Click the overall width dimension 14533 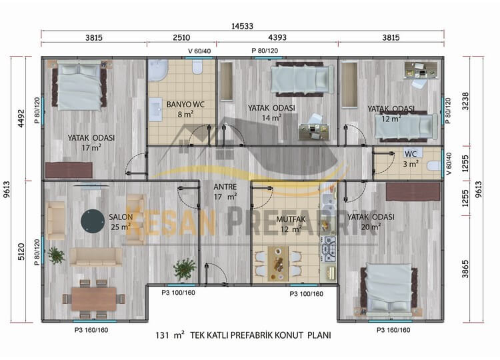pyautogui.click(x=242, y=26)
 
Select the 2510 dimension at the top pyautogui.click(x=181, y=37)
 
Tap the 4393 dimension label pyautogui.click(x=277, y=37)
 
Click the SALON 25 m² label pyautogui.click(x=121, y=221)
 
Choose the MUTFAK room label pyautogui.click(x=291, y=219)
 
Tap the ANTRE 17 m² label pyautogui.click(x=225, y=191)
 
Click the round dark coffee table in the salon pyautogui.click(x=93, y=221)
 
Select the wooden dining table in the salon pyautogui.click(x=94, y=299)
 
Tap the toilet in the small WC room pyautogui.click(x=433, y=166)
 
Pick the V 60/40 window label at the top pyautogui.click(x=199, y=51)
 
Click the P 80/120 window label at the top pyautogui.click(x=265, y=51)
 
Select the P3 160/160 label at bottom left pyautogui.click(x=91, y=331)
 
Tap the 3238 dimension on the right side pyautogui.click(x=465, y=101)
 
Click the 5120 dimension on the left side pyautogui.click(x=21, y=252)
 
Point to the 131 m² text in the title pyautogui.click(x=170, y=335)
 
